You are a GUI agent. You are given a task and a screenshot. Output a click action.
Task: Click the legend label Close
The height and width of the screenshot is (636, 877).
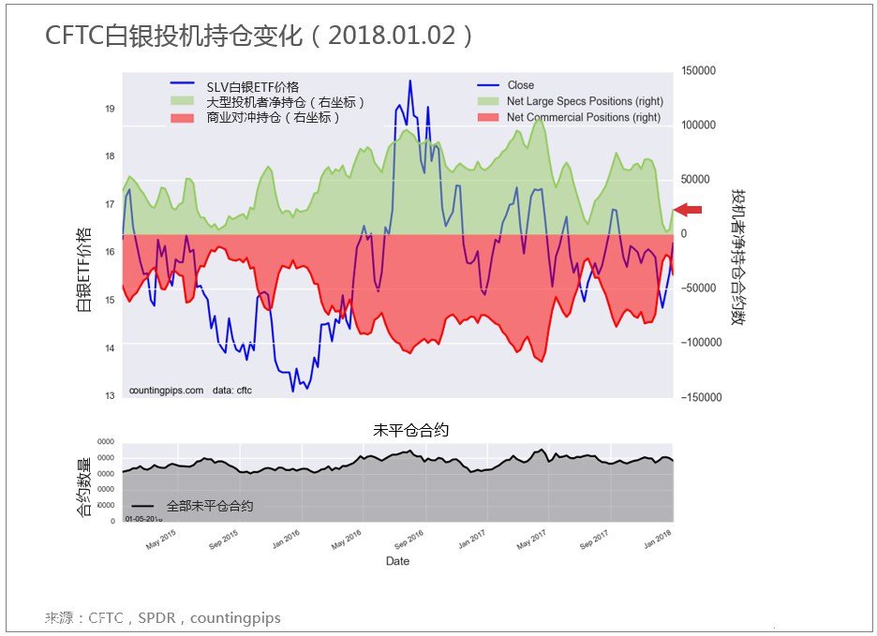click(521, 85)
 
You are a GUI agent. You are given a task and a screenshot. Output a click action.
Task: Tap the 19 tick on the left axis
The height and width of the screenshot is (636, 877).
click(111, 110)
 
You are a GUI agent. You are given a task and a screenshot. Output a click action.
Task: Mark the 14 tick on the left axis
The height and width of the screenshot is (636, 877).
click(111, 348)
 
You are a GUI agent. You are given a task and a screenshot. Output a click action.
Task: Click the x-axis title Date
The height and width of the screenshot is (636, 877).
click(397, 561)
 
